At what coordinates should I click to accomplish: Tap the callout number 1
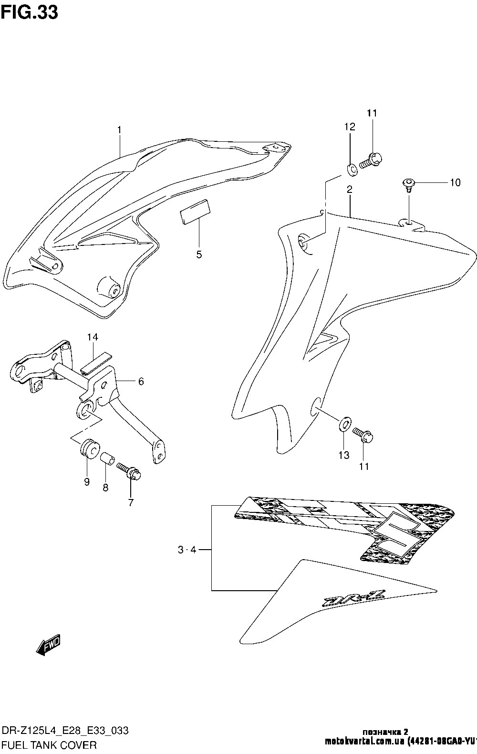(x=120, y=130)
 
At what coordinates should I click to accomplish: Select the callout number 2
(x=350, y=190)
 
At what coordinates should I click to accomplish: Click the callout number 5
(x=199, y=254)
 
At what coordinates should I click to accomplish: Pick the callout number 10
(x=455, y=182)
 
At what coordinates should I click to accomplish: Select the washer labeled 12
(x=351, y=168)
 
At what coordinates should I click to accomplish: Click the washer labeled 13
(x=344, y=423)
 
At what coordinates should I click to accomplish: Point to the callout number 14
(x=93, y=337)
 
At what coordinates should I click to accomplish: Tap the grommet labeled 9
(x=89, y=449)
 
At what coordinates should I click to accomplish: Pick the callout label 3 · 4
(x=187, y=550)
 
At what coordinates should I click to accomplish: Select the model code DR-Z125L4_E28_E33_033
(x=64, y=731)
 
